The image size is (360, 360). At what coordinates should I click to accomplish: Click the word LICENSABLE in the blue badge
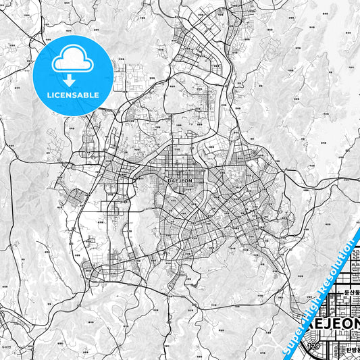coord(73,95)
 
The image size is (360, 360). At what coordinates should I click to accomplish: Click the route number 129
coord(313,346)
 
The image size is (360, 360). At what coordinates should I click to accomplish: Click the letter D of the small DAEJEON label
coord(167,180)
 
